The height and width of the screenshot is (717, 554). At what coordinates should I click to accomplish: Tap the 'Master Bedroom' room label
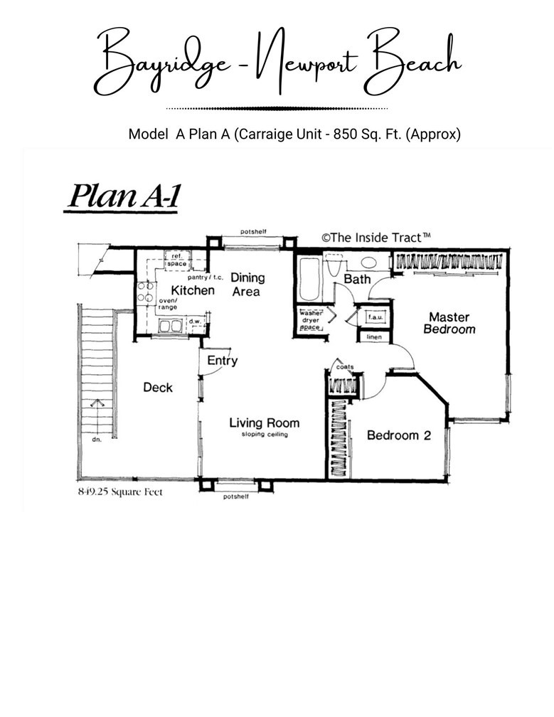coord(449,323)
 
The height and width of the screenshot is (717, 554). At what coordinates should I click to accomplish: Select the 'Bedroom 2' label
coord(398,435)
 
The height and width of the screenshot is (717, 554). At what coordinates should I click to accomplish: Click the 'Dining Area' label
coord(247,285)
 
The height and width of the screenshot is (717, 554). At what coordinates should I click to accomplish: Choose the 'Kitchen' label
coord(192,290)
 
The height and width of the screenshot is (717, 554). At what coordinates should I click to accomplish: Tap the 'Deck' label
coord(158,387)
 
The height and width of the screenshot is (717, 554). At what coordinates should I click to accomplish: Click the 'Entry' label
coord(222,361)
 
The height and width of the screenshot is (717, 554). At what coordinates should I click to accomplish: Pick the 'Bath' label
coord(357,279)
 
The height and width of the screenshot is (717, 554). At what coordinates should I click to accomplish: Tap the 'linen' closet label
coord(374,336)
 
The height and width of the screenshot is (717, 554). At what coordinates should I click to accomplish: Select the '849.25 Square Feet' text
coord(119,492)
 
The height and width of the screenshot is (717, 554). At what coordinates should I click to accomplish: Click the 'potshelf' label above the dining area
coord(253,233)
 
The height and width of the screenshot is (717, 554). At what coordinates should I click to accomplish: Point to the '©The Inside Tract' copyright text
coord(376,238)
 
